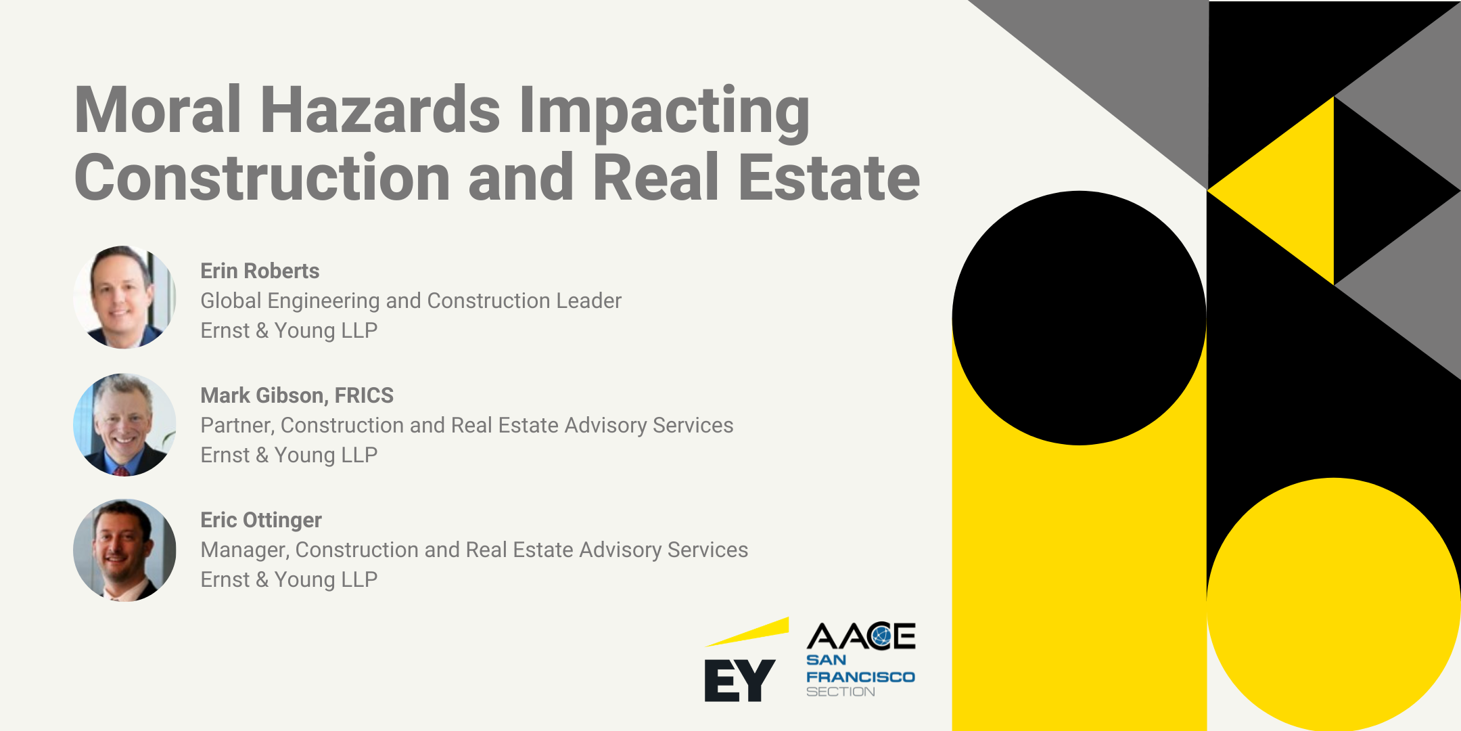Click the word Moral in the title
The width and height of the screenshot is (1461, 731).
click(158, 110)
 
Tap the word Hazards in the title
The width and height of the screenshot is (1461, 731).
click(380, 110)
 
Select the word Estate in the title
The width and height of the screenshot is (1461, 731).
click(829, 177)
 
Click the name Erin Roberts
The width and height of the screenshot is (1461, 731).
click(260, 271)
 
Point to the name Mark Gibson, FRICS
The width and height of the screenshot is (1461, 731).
click(297, 395)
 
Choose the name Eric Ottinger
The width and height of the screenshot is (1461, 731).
click(261, 520)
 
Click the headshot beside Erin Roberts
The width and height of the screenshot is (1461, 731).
click(124, 297)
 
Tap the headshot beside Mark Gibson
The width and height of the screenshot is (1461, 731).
click(124, 424)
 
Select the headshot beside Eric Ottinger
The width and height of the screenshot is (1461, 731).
click(124, 550)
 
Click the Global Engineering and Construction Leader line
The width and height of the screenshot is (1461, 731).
click(411, 301)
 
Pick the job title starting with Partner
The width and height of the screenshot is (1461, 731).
click(467, 425)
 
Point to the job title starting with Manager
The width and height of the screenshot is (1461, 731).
click(474, 550)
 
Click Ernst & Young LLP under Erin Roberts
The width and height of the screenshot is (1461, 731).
click(289, 330)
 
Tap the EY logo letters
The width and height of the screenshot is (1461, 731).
click(739, 680)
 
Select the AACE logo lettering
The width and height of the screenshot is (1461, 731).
click(860, 636)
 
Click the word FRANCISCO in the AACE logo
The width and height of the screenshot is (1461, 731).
click(860, 677)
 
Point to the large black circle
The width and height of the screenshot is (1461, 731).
click(1079, 318)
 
